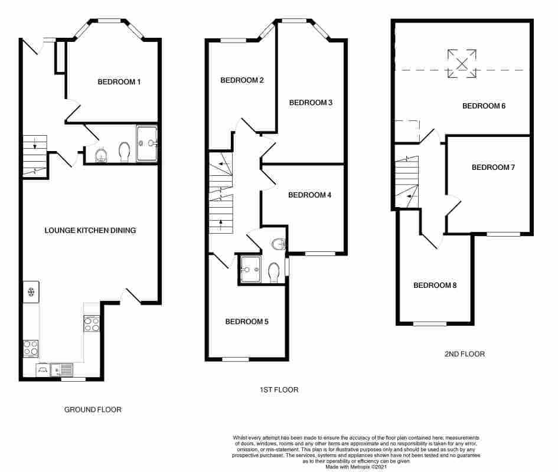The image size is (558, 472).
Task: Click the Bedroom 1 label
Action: tap(119, 82)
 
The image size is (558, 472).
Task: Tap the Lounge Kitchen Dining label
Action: tap(90, 230)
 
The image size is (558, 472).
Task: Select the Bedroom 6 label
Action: tap(484, 106)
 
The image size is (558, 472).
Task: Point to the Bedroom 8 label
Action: tap(435, 286)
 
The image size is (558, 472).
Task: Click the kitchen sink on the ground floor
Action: tap(61, 370)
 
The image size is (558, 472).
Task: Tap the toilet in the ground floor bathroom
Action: tap(125, 152)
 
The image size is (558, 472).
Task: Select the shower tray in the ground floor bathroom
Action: tap(147, 143)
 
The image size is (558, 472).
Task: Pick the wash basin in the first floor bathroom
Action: tap(279, 242)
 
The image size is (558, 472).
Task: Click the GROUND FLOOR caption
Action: tap(93, 409)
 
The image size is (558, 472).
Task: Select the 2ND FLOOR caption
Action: tap(464, 355)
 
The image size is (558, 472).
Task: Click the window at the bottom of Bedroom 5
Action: tap(235, 359)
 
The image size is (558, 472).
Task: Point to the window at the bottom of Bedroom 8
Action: tap(429, 323)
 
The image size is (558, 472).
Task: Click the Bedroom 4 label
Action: tap(309, 195)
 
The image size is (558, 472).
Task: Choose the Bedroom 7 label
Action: tap(493, 168)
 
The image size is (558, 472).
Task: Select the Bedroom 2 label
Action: tap(242, 81)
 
